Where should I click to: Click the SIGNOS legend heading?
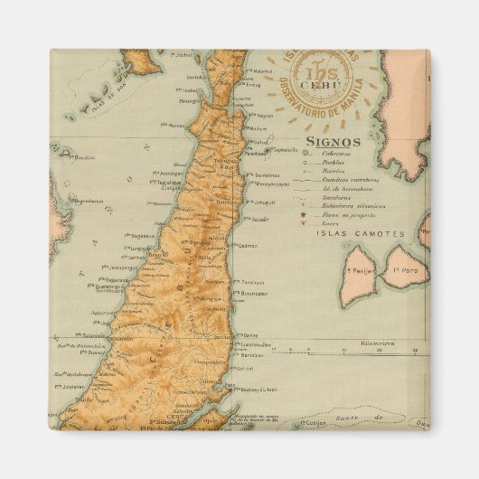click(333, 142)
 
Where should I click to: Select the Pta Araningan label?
click(168, 174)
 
